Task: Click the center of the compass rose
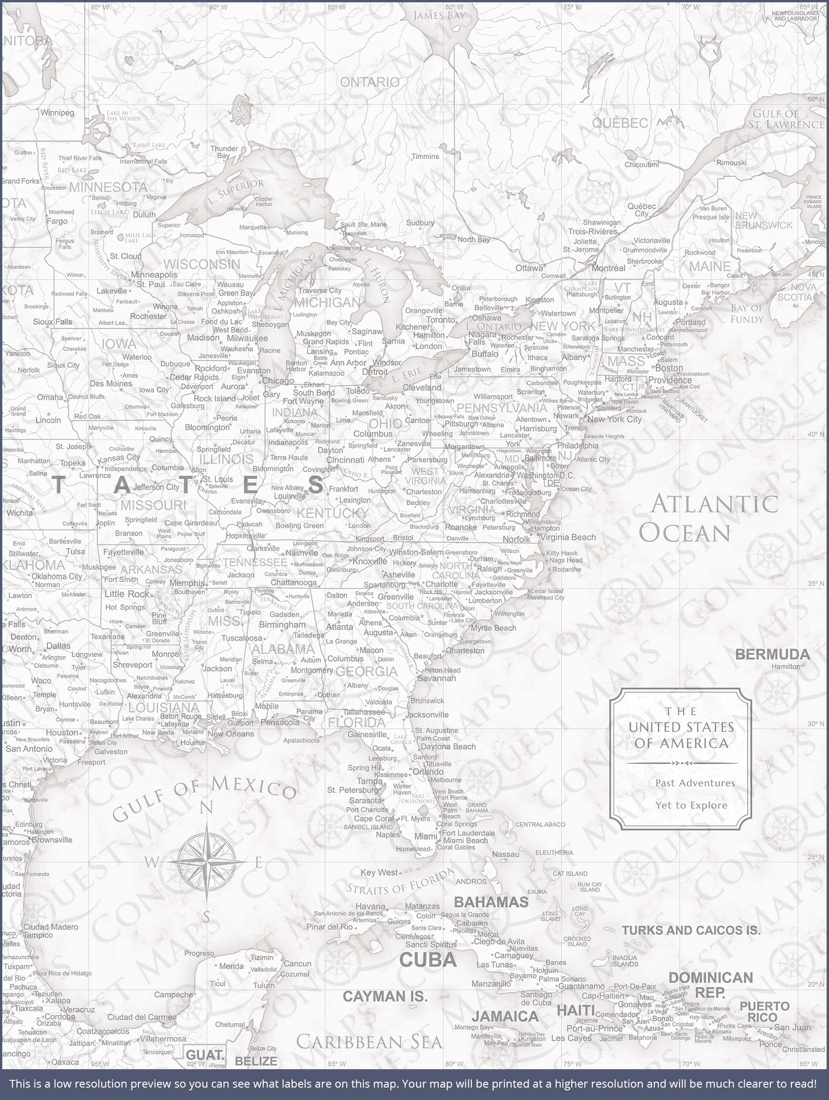[x=206, y=862]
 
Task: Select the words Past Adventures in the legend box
[x=695, y=783]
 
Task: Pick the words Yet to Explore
[x=691, y=805]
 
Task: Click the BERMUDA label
[x=772, y=654]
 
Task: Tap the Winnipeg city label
[x=57, y=112]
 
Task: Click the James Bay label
[x=439, y=16]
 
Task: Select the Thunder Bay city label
[x=224, y=152]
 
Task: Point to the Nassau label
[x=506, y=854]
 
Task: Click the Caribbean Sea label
[x=369, y=1041]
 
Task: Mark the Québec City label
[x=641, y=209]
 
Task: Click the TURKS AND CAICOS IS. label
[x=691, y=930]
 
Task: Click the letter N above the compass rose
[x=206, y=808]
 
